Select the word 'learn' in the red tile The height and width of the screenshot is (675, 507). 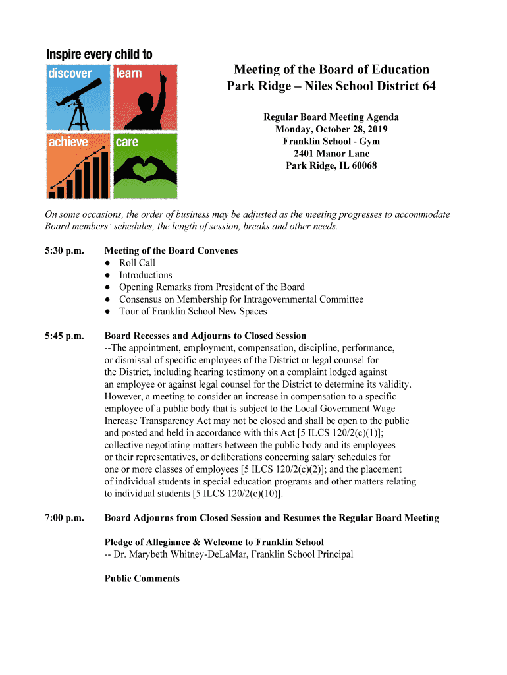[129, 73]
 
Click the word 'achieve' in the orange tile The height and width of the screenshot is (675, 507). [68, 142]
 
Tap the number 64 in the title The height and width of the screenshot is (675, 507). [428, 86]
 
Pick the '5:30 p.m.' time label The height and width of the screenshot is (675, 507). [65, 250]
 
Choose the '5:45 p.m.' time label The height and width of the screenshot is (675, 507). [65, 336]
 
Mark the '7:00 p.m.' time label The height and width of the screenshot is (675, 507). [65, 517]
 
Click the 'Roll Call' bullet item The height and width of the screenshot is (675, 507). [137, 263]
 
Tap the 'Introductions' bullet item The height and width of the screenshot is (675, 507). [146, 275]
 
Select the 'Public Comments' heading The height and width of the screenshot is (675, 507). [142, 578]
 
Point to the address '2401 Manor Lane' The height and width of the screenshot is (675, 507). [331, 154]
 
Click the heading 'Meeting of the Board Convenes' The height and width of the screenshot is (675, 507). [171, 250]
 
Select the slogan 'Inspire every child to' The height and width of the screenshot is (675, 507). [99, 54]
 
